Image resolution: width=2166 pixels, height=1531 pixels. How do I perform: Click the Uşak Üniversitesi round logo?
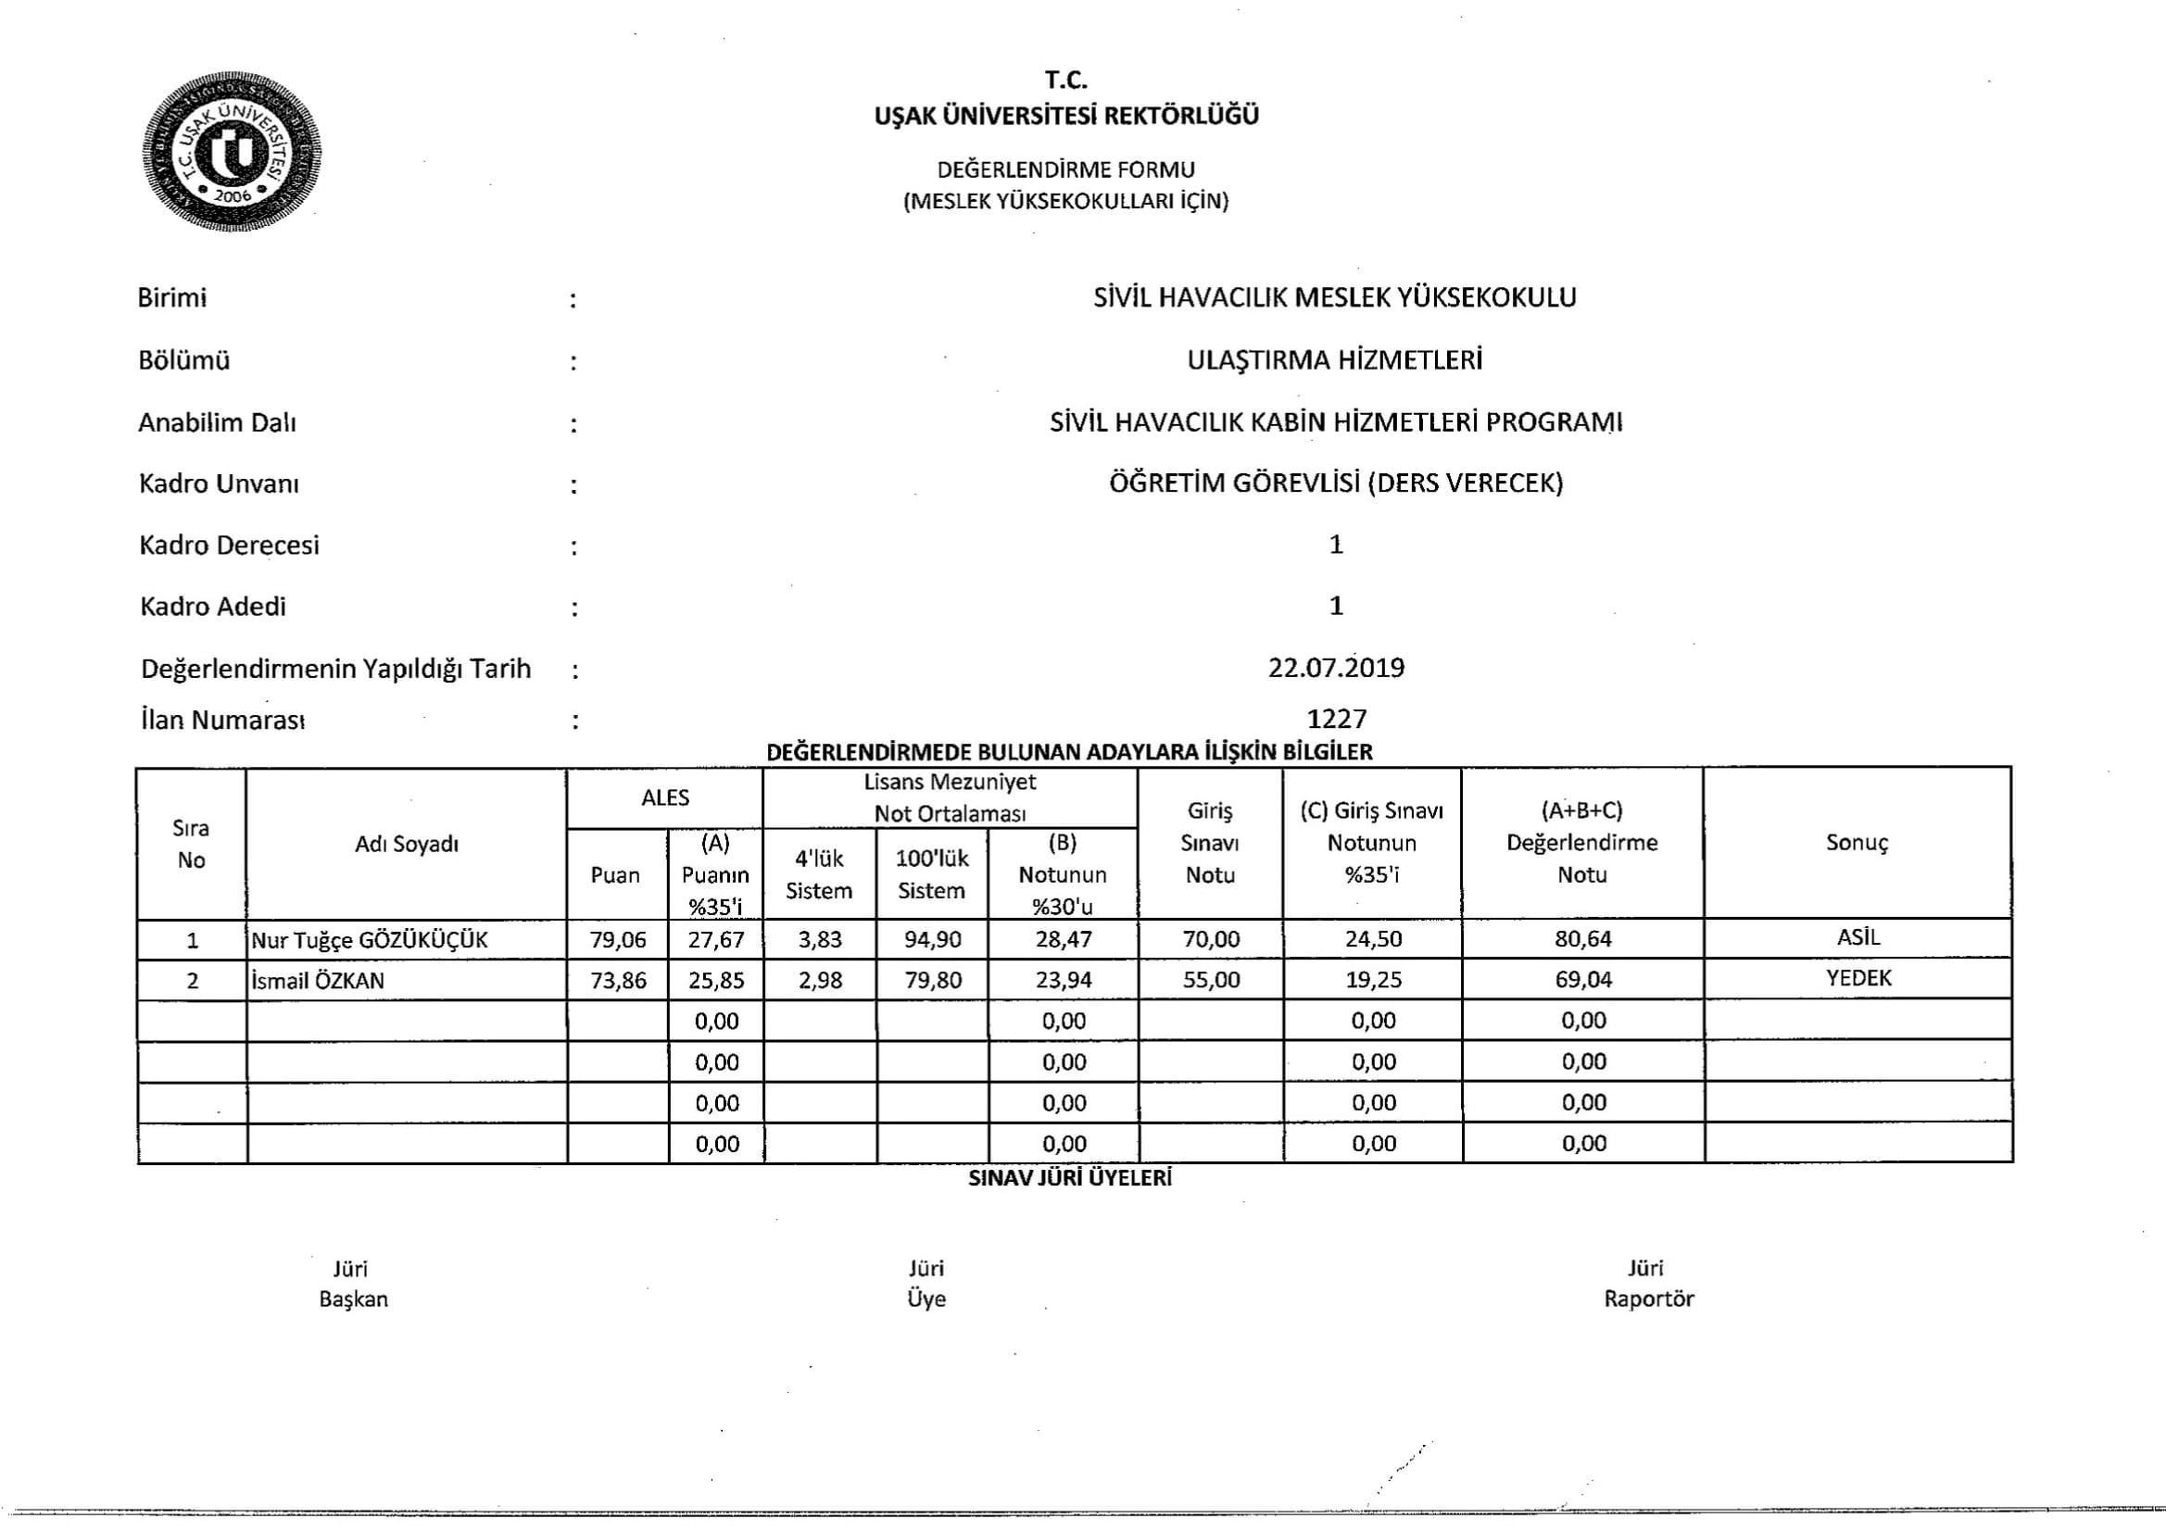click(x=232, y=152)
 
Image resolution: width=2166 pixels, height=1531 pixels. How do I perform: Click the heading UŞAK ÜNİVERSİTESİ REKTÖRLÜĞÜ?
click(x=1066, y=116)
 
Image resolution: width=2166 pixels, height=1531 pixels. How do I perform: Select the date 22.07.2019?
click(x=1336, y=668)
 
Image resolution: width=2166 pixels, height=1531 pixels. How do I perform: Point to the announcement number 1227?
click(x=1337, y=719)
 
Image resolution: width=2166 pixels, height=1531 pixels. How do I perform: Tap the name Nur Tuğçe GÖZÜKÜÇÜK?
click(x=370, y=939)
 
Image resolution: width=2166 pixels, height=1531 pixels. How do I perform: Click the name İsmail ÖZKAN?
click(x=318, y=981)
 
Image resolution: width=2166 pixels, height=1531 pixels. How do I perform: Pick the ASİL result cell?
click(x=1857, y=937)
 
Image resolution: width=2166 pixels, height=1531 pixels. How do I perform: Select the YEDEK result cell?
click(x=1857, y=978)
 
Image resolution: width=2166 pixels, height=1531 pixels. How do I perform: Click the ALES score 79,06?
click(x=618, y=939)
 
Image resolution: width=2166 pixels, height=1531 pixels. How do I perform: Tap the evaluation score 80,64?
click(x=1583, y=939)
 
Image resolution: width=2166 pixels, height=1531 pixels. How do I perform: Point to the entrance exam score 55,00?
click(x=1211, y=980)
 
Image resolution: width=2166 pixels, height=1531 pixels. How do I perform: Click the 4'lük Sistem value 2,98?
click(x=819, y=980)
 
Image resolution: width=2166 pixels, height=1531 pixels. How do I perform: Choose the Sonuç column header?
click(x=1857, y=843)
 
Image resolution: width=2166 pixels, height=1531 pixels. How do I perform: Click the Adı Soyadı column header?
click(x=407, y=845)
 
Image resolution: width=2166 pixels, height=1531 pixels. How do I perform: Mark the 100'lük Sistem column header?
click(x=932, y=874)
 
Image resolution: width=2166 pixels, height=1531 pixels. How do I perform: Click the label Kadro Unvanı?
click(x=219, y=483)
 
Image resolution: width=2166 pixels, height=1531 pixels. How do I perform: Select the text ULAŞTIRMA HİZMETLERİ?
click(x=1335, y=360)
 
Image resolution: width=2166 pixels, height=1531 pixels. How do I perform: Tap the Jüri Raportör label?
click(x=1648, y=1283)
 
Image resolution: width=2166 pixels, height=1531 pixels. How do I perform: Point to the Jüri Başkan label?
click(x=353, y=1284)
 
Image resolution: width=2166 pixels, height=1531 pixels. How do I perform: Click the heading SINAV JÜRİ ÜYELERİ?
click(x=1070, y=1178)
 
